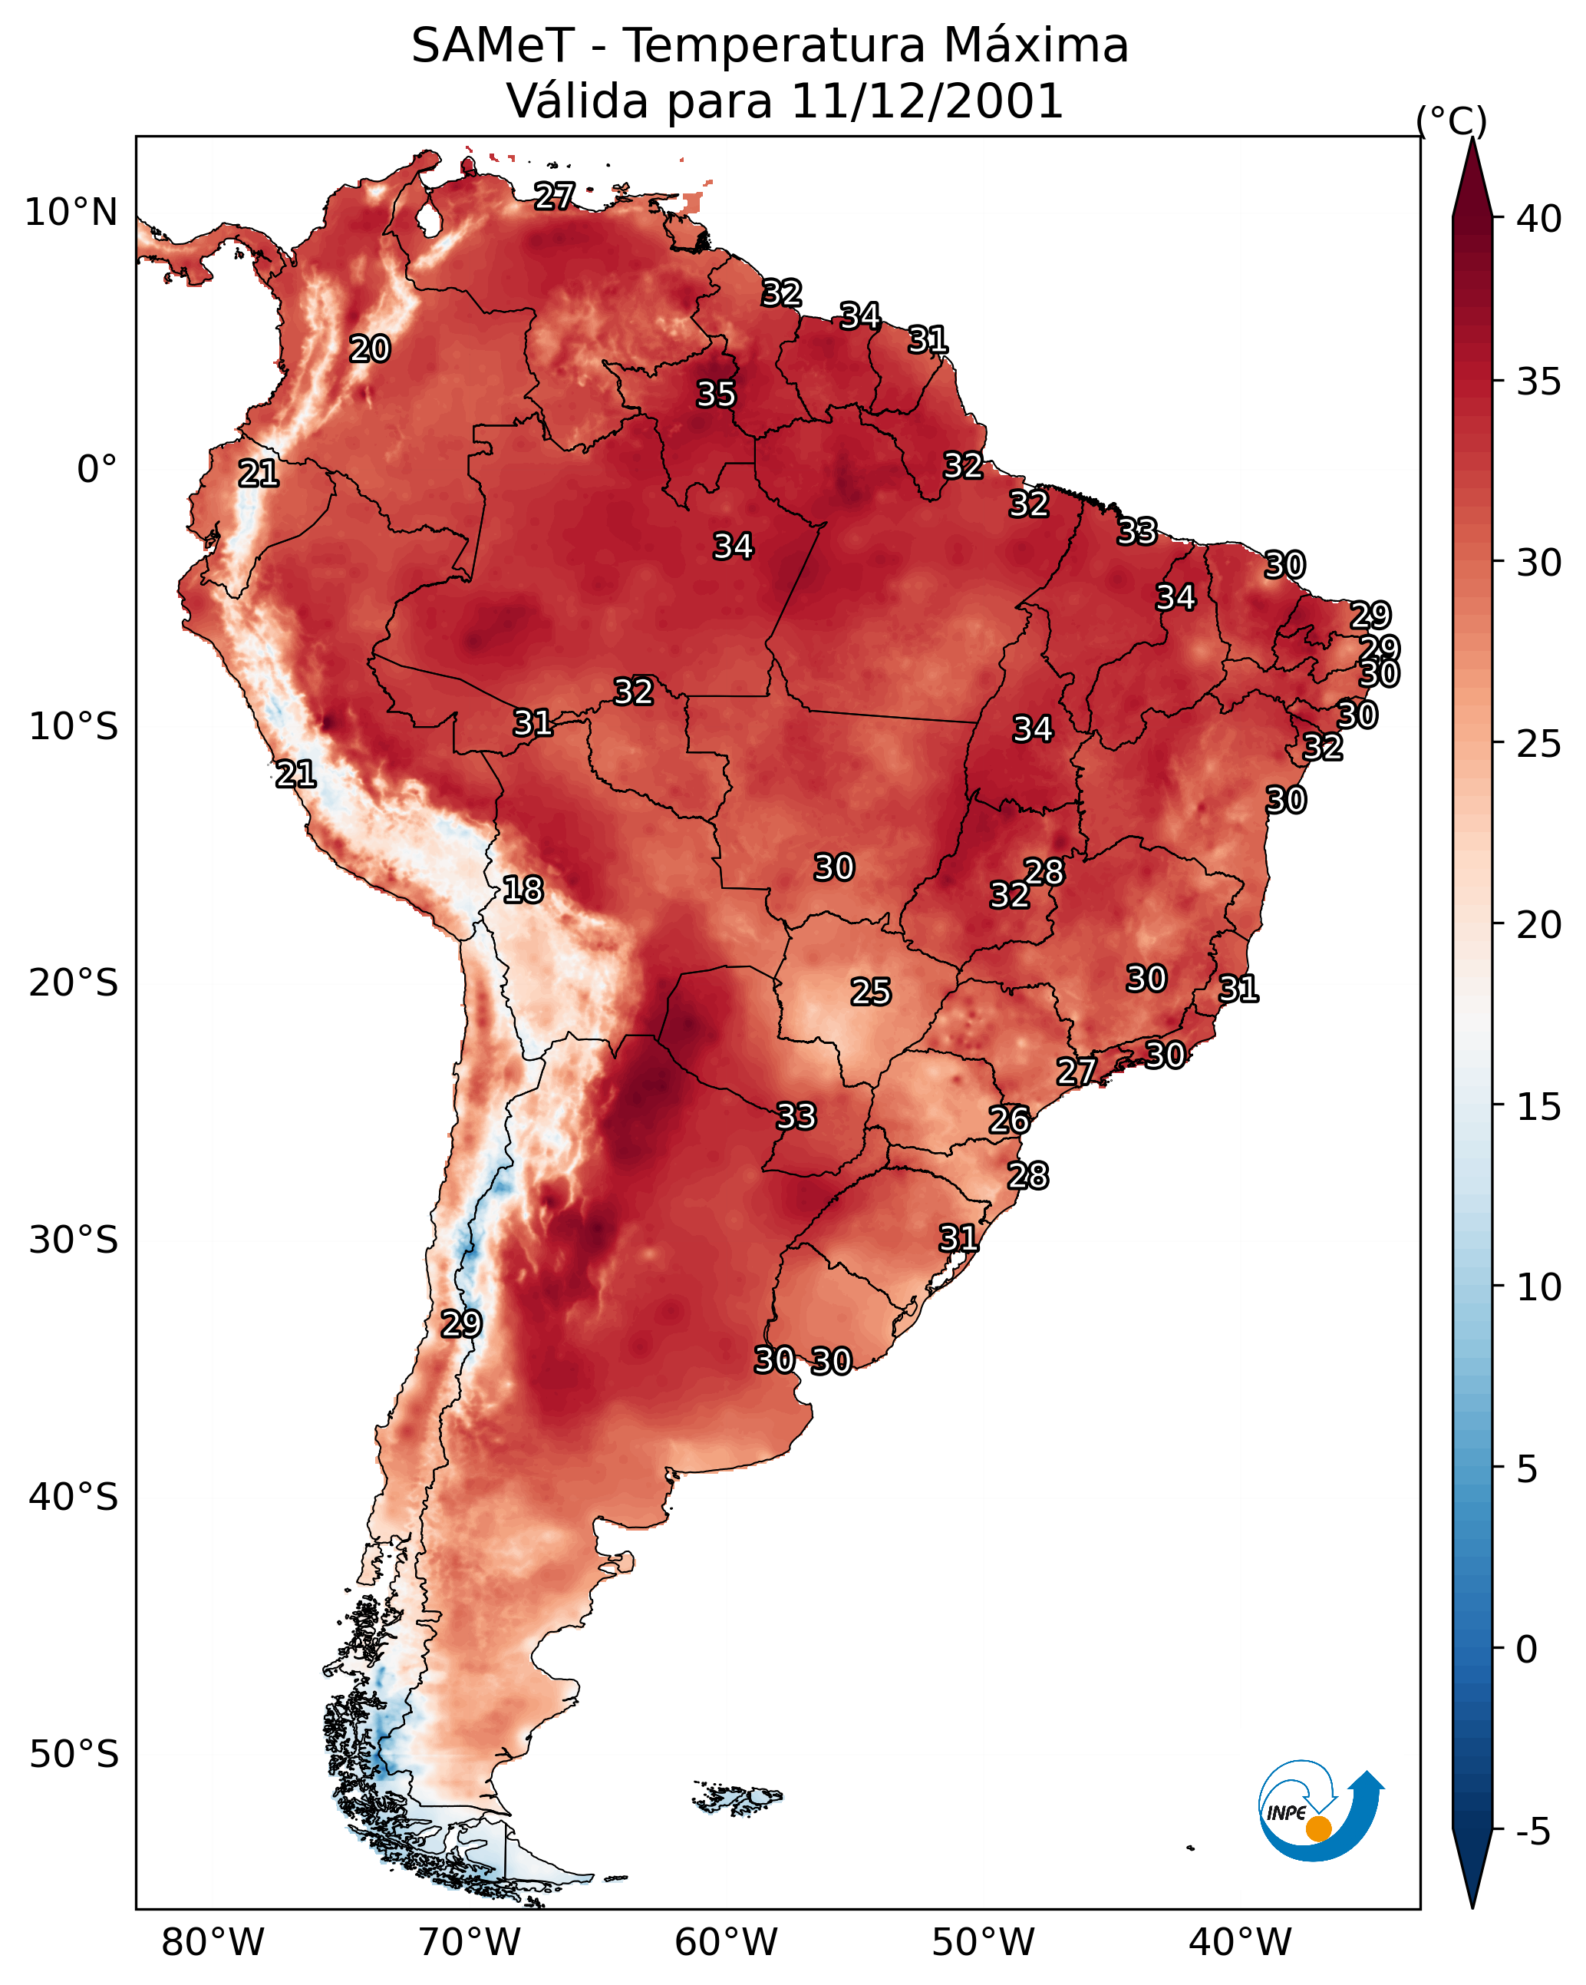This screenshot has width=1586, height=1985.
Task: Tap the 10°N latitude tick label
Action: click(x=71, y=213)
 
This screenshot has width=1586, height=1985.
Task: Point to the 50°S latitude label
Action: click(x=74, y=1755)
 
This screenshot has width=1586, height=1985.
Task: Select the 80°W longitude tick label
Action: click(x=213, y=1942)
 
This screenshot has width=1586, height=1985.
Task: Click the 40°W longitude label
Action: click(x=1240, y=1942)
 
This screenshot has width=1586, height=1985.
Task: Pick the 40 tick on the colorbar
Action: click(x=1539, y=219)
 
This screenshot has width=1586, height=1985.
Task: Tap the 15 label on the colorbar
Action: click(x=1539, y=1108)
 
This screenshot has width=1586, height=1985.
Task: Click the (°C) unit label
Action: click(x=1451, y=121)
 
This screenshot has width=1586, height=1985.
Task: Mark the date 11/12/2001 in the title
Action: click(x=927, y=101)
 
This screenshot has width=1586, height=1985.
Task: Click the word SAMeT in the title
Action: click(x=493, y=46)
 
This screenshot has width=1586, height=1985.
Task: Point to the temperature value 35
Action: click(x=716, y=394)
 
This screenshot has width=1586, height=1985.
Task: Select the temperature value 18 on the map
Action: click(x=523, y=890)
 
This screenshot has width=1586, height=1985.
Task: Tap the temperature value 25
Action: click(x=871, y=992)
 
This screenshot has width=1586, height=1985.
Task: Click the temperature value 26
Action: click(x=1010, y=1120)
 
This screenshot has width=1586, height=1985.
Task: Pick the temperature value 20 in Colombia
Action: click(x=370, y=349)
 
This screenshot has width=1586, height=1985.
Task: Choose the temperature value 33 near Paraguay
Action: click(x=796, y=1116)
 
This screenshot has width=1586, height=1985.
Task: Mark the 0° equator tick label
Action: click(x=97, y=470)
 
